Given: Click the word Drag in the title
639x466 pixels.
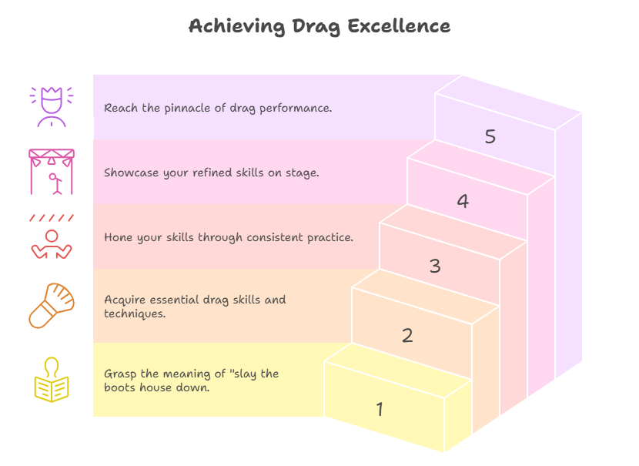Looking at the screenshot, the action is click(316, 27).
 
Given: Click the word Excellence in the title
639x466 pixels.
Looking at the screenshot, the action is click(399, 26).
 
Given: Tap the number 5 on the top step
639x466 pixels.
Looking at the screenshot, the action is click(490, 136).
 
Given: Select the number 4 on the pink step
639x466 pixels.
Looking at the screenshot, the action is click(463, 201).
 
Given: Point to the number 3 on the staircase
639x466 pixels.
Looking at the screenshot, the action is click(435, 266).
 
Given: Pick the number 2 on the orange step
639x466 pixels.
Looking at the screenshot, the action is click(407, 336).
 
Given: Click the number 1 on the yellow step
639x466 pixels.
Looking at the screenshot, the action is click(380, 409).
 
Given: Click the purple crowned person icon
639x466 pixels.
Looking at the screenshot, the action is click(52, 107).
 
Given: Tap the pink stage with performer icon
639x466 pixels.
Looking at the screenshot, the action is click(52, 172).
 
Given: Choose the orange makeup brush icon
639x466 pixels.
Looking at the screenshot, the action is click(52, 305).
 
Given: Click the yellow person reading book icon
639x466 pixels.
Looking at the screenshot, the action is click(52, 380).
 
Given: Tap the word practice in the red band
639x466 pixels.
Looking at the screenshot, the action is click(329, 238).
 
